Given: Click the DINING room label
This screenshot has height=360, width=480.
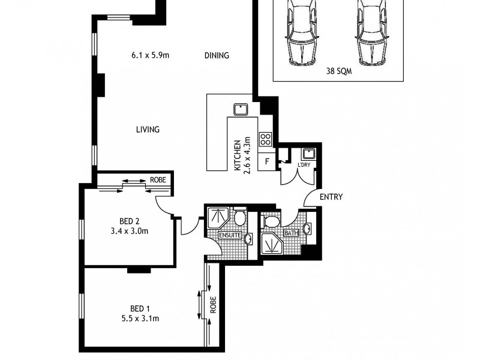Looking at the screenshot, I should click(217, 56).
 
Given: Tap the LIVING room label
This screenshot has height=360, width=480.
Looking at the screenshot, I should click(147, 129).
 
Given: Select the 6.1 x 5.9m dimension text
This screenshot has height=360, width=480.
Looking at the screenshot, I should click(150, 56).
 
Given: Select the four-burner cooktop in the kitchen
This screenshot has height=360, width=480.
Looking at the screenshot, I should click(265, 139).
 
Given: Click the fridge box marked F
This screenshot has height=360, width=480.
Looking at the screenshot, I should click(266, 161).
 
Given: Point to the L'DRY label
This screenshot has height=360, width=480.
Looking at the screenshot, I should click(304, 164).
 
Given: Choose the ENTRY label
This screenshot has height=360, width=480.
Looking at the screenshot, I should click(331, 197).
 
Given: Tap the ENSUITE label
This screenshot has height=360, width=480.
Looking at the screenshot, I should click(230, 236).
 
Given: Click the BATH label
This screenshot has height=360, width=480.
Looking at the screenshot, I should click(291, 233).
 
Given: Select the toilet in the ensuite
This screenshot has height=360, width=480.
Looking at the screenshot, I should click(239, 217).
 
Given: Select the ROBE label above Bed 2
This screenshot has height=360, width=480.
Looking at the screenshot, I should click(158, 179).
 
